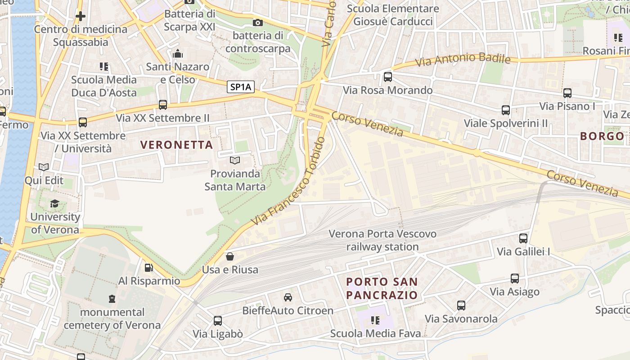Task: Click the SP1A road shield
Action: pyautogui.click(x=241, y=87)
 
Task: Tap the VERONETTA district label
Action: pyautogui.click(x=176, y=145)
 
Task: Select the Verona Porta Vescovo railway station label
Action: pyautogui.click(x=382, y=240)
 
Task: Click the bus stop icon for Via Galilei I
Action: pyautogui.click(x=523, y=238)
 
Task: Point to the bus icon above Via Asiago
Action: pyautogui.click(x=515, y=279)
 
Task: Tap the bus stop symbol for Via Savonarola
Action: pyautogui.click(x=461, y=306)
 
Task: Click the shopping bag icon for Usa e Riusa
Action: pyautogui.click(x=230, y=256)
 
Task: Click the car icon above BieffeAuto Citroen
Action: pyautogui.click(x=288, y=297)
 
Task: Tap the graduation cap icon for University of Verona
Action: pyautogui.click(x=55, y=203)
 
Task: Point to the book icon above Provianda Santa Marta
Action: pyautogui.click(x=235, y=160)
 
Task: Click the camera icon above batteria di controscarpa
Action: pyautogui.click(x=258, y=22)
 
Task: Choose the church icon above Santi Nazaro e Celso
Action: pyautogui.click(x=178, y=54)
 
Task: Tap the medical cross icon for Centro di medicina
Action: pyautogui.click(x=81, y=17)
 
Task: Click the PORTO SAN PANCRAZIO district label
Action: pyautogui.click(x=382, y=288)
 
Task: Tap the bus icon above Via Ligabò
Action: pyautogui.click(x=218, y=321)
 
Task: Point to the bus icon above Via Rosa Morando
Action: pyautogui.click(x=388, y=77)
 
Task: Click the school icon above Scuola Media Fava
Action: pyautogui.click(x=375, y=320)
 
